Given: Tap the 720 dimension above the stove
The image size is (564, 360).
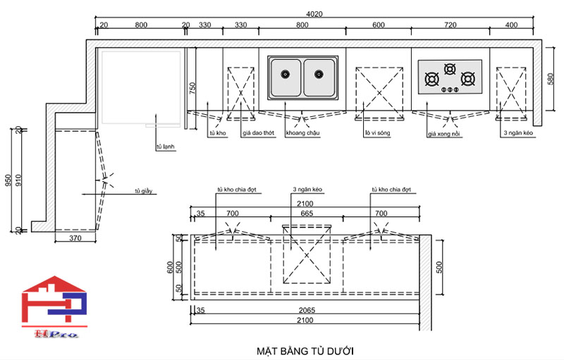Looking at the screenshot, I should pyautogui.click(x=451, y=25).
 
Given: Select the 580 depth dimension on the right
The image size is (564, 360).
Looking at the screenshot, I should pyautogui.click(x=551, y=80).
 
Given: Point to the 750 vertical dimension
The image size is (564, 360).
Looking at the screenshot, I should pyautogui.click(x=191, y=88).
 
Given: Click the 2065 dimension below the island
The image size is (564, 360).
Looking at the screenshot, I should pyautogui.click(x=306, y=309).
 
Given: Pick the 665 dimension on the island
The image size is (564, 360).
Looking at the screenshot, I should pyautogui.click(x=307, y=213).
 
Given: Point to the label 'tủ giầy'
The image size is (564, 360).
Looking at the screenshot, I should pyautogui.click(x=144, y=191).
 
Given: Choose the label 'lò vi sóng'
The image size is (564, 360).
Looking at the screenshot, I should pyautogui.click(x=377, y=132).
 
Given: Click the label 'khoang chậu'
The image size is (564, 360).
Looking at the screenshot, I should pyautogui.click(x=302, y=132).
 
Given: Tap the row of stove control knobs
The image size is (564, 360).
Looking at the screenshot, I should pyautogui.click(x=449, y=89).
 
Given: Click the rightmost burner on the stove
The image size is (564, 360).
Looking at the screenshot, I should pyautogui.click(x=467, y=77).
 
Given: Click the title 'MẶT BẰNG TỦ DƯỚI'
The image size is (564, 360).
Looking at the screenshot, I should pyautogui.click(x=305, y=350).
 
